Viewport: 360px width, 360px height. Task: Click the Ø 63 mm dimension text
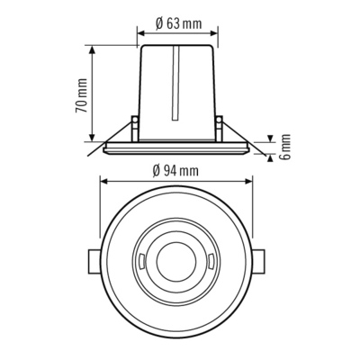click(x=177, y=22)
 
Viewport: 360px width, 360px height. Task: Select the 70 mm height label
click(x=81, y=93)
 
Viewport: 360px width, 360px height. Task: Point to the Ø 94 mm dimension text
click(x=176, y=169)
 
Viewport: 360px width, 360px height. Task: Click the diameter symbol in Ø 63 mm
click(x=157, y=22)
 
